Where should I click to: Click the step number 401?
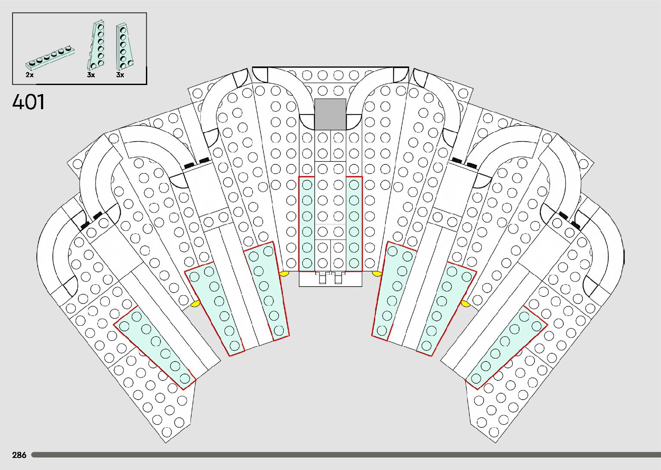coord(28,102)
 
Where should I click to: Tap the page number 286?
coord(19,455)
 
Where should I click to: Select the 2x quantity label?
coord(29,75)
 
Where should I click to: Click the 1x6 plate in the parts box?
coord(50,57)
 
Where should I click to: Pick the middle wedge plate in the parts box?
coord(97,45)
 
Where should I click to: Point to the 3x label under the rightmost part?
coord(120,75)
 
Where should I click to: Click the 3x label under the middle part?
coord(91,75)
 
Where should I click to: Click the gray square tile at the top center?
coord(330,114)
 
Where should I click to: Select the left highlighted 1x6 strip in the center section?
coord(307,224)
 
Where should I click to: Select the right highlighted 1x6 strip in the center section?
coord(354,224)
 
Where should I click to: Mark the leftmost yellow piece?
coord(196,304)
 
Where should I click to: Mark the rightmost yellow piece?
coord(465,303)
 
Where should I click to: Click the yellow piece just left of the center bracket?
coord(284,273)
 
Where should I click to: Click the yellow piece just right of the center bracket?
coord(377,273)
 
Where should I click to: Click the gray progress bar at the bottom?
coord(345,455)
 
